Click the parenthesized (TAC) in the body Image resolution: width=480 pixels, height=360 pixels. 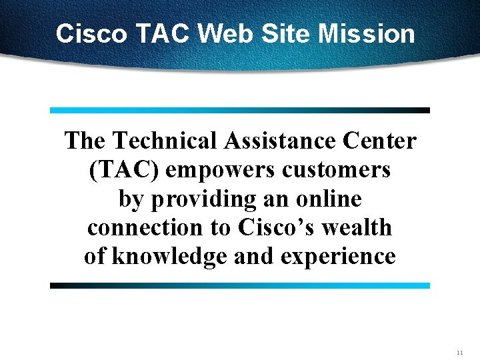pyautogui.click(x=123, y=170)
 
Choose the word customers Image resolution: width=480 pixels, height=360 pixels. pyautogui.click(x=336, y=170)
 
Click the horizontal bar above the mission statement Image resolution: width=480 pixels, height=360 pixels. pyautogui.click(x=240, y=110)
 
